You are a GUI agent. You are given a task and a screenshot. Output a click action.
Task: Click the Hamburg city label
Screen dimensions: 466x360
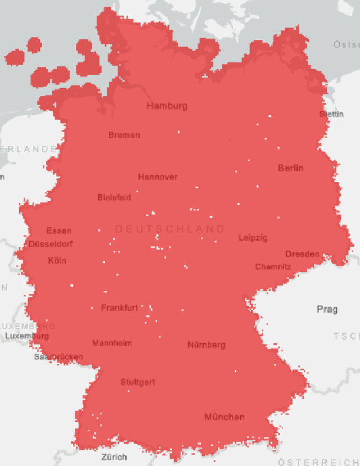[x=167, y=106]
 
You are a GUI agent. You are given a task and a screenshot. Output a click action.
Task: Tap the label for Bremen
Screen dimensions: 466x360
[x=124, y=135]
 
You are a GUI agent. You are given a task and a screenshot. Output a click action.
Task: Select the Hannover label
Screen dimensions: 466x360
[x=157, y=177]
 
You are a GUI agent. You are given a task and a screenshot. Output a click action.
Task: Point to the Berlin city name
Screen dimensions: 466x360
[x=291, y=168]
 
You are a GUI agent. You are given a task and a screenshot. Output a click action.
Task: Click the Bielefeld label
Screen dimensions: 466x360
[x=114, y=197]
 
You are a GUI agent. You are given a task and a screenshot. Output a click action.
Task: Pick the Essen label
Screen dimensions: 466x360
[x=59, y=230]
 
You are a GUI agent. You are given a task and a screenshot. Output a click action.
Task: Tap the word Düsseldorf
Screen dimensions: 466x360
[x=51, y=244]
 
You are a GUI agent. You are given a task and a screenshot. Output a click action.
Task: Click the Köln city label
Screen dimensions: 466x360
[x=57, y=260]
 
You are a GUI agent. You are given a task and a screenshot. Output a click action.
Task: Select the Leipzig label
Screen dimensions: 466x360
[x=253, y=238]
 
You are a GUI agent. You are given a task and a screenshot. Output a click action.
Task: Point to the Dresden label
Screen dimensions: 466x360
[x=303, y=254]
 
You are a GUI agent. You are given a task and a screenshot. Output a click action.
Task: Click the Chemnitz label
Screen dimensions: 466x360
[x=273, y=266]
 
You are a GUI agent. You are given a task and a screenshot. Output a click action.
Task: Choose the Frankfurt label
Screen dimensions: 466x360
[x=119, y=307]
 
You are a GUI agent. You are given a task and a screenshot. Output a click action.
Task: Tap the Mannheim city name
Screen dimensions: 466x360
[x=112, y=343]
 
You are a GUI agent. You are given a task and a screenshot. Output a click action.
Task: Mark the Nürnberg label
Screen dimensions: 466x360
[x=206, y=345]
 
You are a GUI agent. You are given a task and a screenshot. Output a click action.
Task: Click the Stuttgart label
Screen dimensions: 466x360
[x=138, y=382]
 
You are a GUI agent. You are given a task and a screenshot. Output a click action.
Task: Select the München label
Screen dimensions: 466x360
[x=224, y=417]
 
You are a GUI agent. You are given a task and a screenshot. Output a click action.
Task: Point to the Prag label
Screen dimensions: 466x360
[x=327, y=309]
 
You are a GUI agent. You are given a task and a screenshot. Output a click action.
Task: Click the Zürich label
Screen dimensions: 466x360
[x=114, y=457]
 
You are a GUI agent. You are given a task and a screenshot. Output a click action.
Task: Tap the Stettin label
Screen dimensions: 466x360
[x=331, y=114]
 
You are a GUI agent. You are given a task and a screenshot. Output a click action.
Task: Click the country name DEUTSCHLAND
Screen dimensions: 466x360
[x=170, y=229]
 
